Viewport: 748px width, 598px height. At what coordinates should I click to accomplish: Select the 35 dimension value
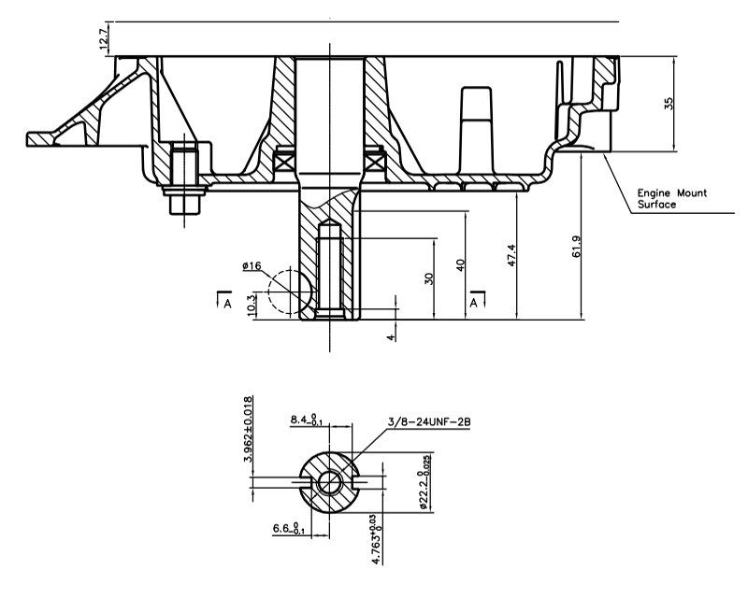(669, 104)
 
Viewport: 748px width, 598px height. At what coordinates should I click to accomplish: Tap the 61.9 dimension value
(576, 247)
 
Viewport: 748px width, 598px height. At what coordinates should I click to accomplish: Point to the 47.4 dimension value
(511, 255)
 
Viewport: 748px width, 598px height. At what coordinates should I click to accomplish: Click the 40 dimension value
(460, 265)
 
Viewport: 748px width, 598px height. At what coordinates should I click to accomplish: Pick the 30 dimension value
(429, 279)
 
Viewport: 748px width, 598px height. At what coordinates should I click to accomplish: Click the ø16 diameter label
(252, 265)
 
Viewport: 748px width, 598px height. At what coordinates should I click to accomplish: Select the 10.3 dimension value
(252, 306)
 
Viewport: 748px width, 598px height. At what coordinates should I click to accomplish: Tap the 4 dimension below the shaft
(391, 337)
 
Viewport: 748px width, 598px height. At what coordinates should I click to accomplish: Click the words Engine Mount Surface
(672, 199)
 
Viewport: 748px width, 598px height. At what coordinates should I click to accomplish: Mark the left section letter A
(227, 304)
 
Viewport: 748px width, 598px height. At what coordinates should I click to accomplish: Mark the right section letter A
(473, 303)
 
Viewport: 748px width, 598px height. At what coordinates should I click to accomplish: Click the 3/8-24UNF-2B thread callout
(429, 422)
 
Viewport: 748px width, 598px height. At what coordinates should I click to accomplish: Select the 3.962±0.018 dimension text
(248, 429)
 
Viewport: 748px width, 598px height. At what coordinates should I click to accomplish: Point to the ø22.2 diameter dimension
(424, 482)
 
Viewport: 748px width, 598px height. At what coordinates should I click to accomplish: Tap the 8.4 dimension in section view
(307, 420)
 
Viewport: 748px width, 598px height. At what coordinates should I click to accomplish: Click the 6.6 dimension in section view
(289, 528)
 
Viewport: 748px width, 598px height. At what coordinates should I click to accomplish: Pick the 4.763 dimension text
(377, 539)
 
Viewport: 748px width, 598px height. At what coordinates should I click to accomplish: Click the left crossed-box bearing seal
(284, 163)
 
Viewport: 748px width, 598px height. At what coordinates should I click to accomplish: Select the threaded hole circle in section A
(329, 482)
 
